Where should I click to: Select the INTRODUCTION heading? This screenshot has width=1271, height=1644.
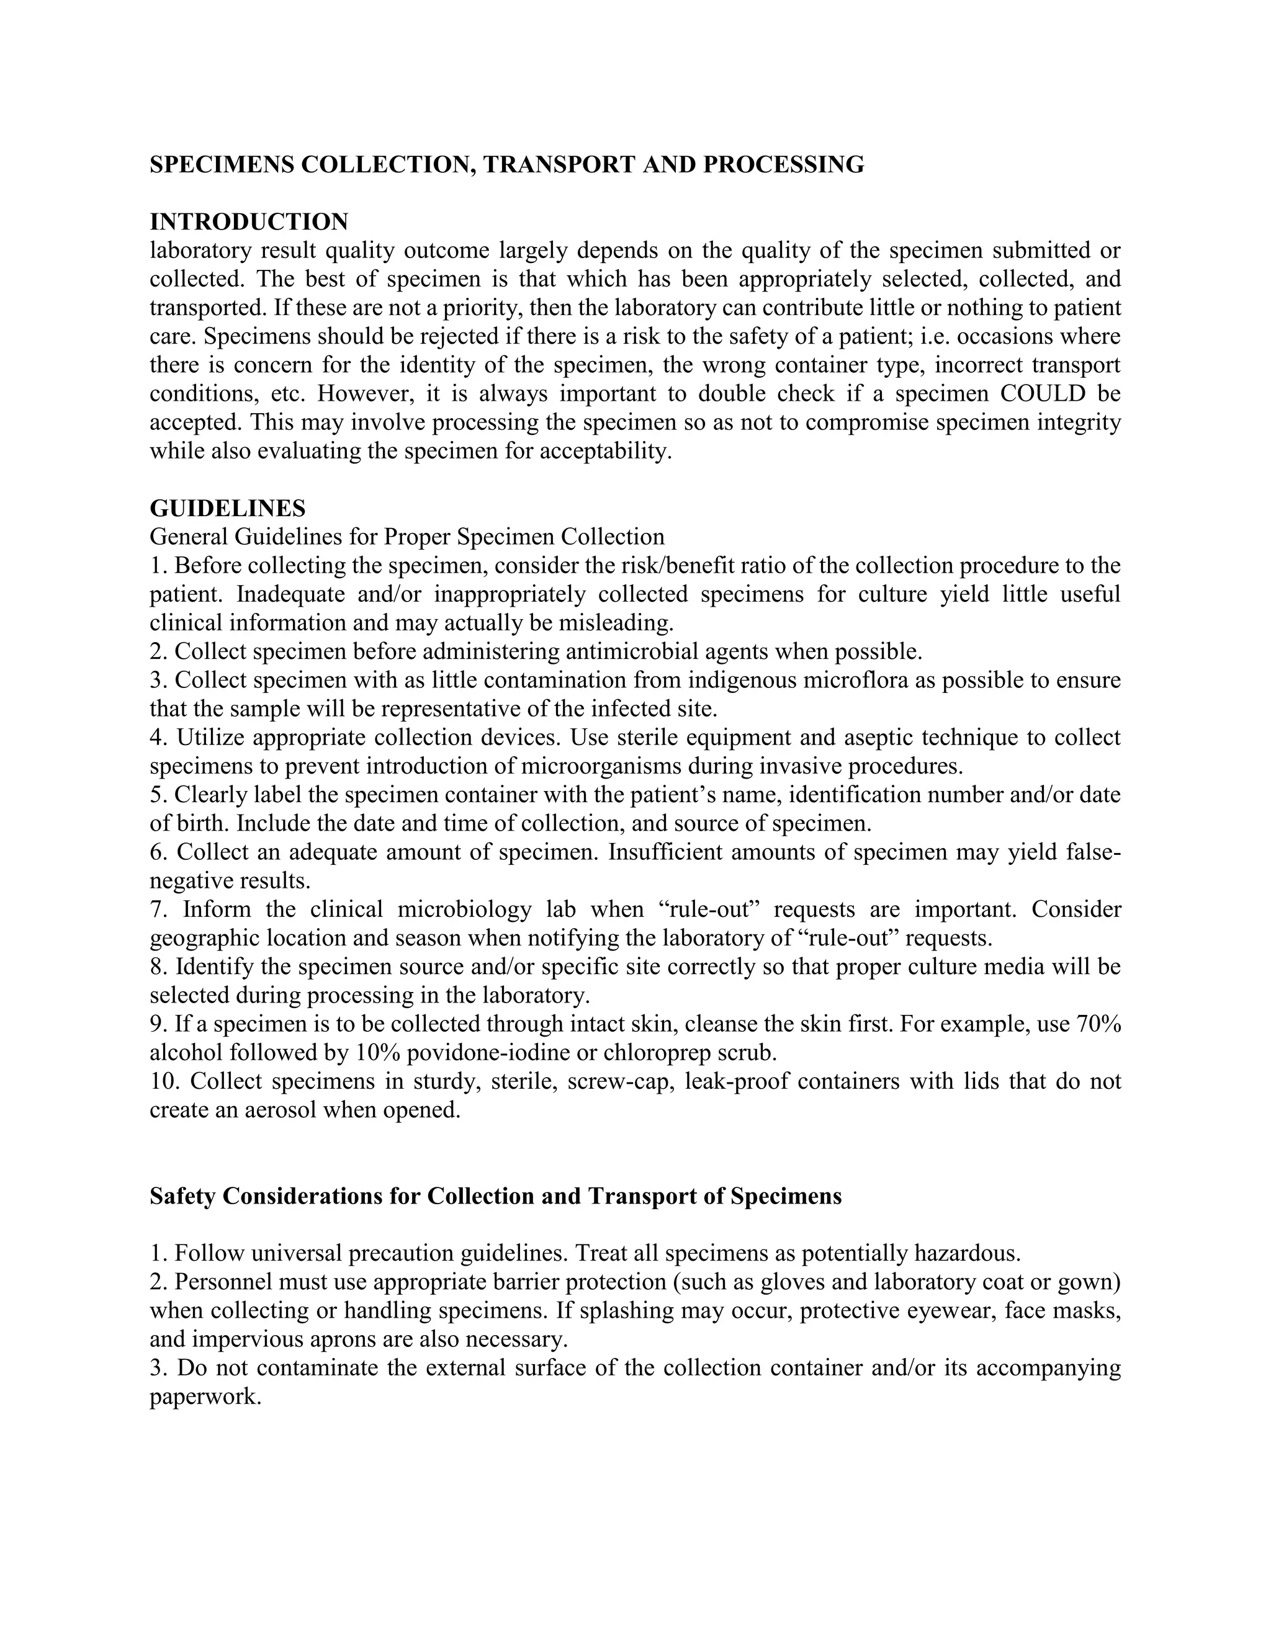tap(249, 221)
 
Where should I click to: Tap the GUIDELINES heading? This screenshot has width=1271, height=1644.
tap(227, 508)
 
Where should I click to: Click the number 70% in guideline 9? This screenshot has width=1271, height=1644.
tap(1098, 1024)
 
